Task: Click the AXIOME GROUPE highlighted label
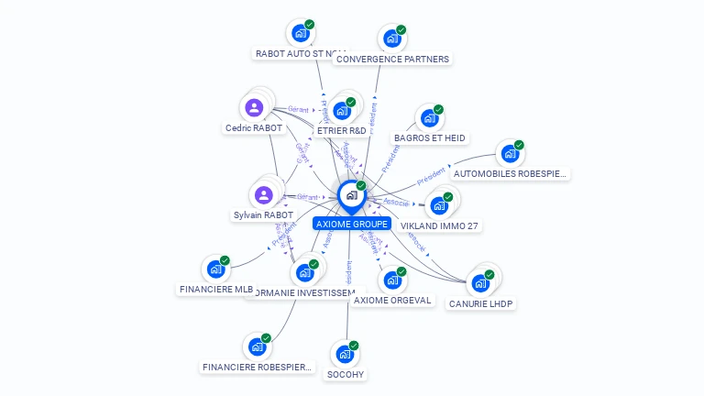(x=352, y=224)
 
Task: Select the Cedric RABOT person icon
(x=254, y=107)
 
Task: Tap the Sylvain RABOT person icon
(x=264, y=194)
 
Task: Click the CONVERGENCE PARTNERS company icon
(x=391, y=38)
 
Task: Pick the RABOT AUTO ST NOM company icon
(x=300, y=33)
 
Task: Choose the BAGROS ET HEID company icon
(x=429, y=117)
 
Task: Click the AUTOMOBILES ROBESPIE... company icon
(x=510, y=153)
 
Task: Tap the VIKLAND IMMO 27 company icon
(x=439, y=205)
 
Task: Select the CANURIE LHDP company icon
(x=480, y=282)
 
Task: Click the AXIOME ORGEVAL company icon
(x=391, y=280)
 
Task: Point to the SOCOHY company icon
(x=345, y=354)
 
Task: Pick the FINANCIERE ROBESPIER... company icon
(x=257, y=346)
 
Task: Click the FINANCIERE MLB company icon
(x=215, y=269)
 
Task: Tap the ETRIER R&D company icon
(x=342, y=111)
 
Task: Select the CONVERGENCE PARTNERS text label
(x=392, y=60)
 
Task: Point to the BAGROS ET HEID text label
(x=429, y=138)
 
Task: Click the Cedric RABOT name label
(x=254, y=128)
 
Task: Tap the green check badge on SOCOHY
(x=354, y=346)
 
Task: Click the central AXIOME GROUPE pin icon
(x=351, y=195)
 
